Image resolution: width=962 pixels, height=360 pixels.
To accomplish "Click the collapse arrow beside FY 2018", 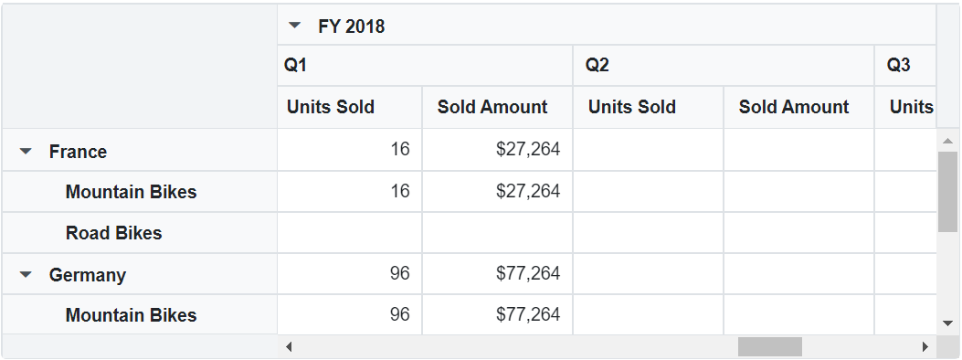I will pos(294,26).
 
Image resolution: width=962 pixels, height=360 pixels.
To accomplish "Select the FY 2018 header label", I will pos(352,26).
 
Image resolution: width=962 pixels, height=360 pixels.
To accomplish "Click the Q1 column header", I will pos(296,66).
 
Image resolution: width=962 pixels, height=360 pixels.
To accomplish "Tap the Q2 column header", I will pos(597,66).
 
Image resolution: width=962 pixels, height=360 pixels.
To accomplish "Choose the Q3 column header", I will pos(899,66).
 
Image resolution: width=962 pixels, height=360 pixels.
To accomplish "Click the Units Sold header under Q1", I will pos(331,107).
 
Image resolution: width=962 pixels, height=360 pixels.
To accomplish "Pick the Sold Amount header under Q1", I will pos(492,107).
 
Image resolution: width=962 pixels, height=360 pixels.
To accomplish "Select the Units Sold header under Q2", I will pos(632,107).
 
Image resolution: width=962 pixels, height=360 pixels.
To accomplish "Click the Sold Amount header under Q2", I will pos(794,107).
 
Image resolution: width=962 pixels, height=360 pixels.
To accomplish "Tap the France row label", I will pos(78,152).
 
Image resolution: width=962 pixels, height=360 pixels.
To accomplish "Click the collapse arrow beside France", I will pos(26,152).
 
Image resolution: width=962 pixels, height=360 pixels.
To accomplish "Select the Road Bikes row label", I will pos(113,233).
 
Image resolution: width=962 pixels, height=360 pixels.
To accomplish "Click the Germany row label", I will pos(88,275).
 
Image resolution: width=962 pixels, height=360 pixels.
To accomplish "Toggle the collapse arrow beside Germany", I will pos(26,274).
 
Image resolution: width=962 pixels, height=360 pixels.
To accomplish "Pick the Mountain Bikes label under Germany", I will pos(131,315).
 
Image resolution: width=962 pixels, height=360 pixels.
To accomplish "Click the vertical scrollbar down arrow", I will pos(947,323).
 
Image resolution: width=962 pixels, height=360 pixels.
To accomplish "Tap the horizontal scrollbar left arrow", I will pos(289,347).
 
